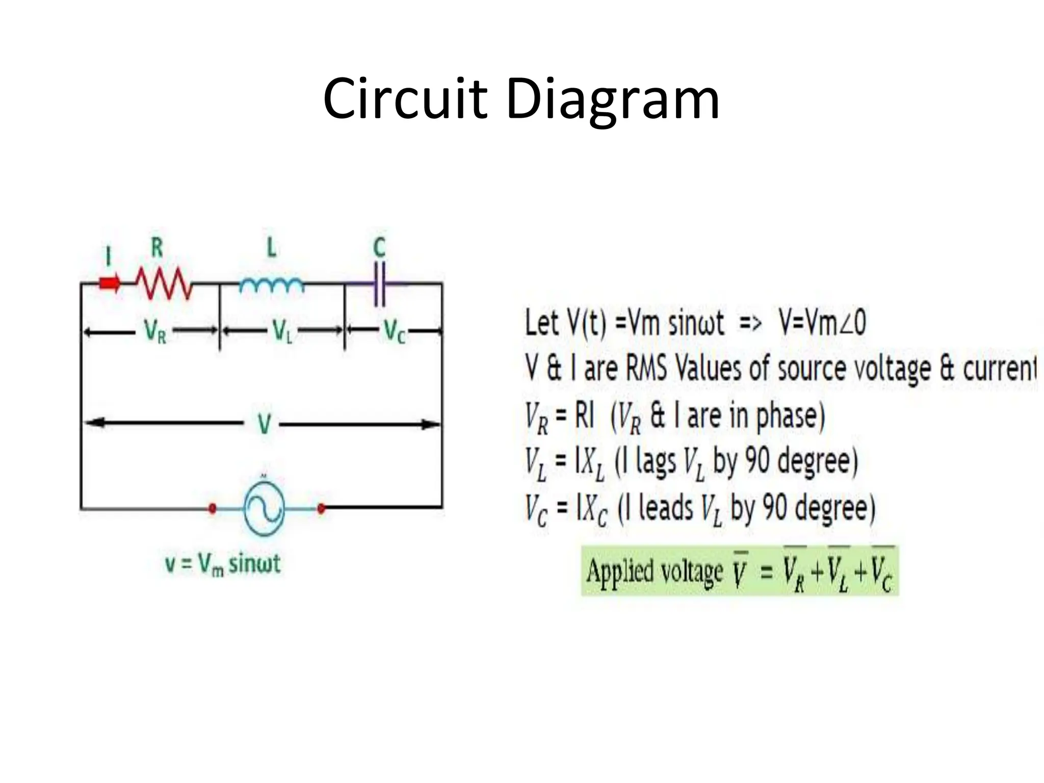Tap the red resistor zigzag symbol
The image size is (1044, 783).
pyautogui.click(x=164, y=283)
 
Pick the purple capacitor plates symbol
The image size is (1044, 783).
pyautogui.click(x=380, y=283)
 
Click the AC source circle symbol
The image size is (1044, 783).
pyautogui.click(x=264, y=508)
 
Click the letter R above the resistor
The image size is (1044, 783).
pyautogui.click(x=157, y=248)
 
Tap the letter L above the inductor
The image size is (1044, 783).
pyautogui.click(x=272, y=248)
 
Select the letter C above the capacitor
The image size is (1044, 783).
pyautogui.click(x=379, y=248)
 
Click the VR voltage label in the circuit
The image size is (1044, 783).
pyautogui.click(x=155, y=332)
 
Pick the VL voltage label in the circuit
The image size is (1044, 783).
pyautogui.click(x=282, y=332)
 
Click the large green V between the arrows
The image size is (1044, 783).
pyautogui.click(x=264, y=424)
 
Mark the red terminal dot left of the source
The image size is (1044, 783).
pyautogui.click(x=213, y=508)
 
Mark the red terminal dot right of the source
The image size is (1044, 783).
pyautogui.click(x=321, y=508)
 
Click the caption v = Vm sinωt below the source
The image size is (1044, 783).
pyautogui.click(x=223, y=564)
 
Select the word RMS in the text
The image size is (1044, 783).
pyautogui.click(x=646, y=368)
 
